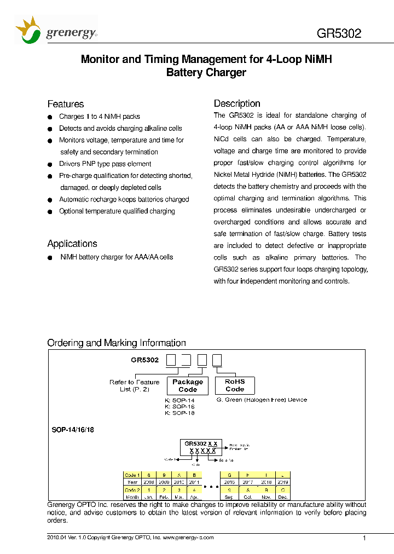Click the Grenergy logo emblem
pyautogui.click(x=28, y=31)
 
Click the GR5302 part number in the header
pyautogui.click(x=339, y=33)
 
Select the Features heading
pyautogui.click(x=66, y=104)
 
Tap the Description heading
pyautogui.click(x=237, y=103)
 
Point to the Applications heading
pyautogui.click(x=72, y=244)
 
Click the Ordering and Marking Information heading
pyautogui.click(x=117, y=343)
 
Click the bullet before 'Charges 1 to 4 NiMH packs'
pyautogui.click(x=49, y=117)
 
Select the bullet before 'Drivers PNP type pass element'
pyautogui.click(x=49, y=164)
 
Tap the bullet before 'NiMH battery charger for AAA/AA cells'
pyautogui.click(x=49, y=257)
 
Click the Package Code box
pyautogui.click(x=188, y=386)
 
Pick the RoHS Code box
pyautogui.click(x=234, y=385)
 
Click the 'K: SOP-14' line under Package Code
pyautogui.click(x=179, y=400)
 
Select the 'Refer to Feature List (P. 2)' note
pyautogui.click(x=135, y=385)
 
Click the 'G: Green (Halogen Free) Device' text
pyautogui.click(x=262, y=400)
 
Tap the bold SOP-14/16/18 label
pyautogui.click(x=73, y=430)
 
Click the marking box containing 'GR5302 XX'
pyautogui.click(x=201, y=447)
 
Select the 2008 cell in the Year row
pyautogui.click(x=148, y=482)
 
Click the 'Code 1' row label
pyautogui.click(x=132, y=475)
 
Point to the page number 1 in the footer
pyautogui.click(x=364, y=539)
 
